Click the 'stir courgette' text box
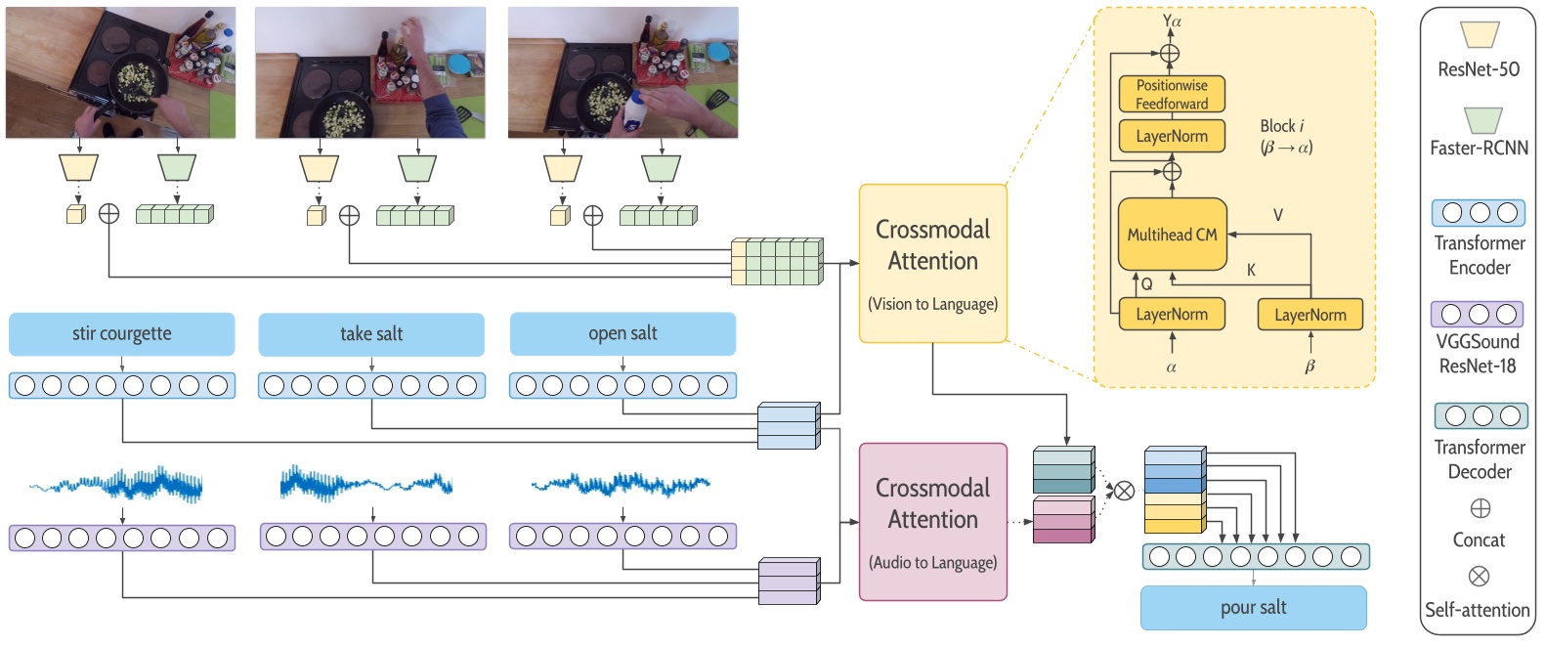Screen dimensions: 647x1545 121,334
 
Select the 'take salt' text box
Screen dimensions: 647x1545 371,334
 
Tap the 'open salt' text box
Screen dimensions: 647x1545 622,334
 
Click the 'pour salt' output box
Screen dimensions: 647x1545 1253,608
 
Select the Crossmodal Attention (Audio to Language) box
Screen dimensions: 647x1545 932,522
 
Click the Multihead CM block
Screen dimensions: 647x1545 1172,235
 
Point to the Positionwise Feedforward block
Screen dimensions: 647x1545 1172,95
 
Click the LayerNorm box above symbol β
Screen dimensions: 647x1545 1309,315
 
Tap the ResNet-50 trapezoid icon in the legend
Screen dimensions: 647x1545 1480,35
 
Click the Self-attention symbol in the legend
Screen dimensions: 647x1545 1479,577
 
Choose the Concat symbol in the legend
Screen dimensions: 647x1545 1480,508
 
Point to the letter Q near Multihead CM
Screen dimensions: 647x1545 1147,283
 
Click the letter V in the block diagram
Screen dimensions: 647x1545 1277,215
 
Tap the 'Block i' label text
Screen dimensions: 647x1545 1281,126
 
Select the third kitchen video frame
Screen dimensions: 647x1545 622,72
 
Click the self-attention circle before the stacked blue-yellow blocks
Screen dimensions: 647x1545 1125,491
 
